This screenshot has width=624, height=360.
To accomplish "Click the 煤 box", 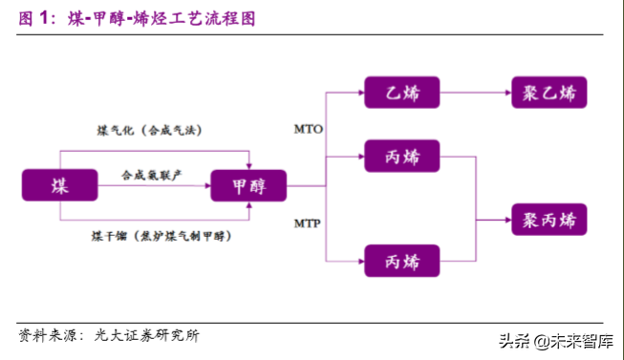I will (x=60, y=184).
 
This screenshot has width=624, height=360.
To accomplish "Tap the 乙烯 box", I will (x=400, y=93).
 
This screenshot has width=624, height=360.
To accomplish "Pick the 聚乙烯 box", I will (x=549, y=93).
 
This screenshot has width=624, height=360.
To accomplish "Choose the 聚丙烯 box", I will (x=549, y=220).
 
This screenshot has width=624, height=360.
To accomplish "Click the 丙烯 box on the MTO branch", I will (x=400, y=154).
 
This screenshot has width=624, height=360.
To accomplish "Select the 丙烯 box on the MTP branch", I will (x=400, y=260).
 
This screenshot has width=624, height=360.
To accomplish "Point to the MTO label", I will (x=308, y=126).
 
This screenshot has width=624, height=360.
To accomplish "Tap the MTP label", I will (x=308, y=224).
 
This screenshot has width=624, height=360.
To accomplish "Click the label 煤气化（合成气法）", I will (x=148, y=129).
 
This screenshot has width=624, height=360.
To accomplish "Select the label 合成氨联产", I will (x=151, y=176).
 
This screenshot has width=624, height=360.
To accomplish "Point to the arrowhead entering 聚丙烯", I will (x=507, y=220).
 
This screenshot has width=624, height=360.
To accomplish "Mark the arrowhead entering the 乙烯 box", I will (x=357, y=93).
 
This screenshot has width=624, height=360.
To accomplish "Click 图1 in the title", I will (x=33, y=18).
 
